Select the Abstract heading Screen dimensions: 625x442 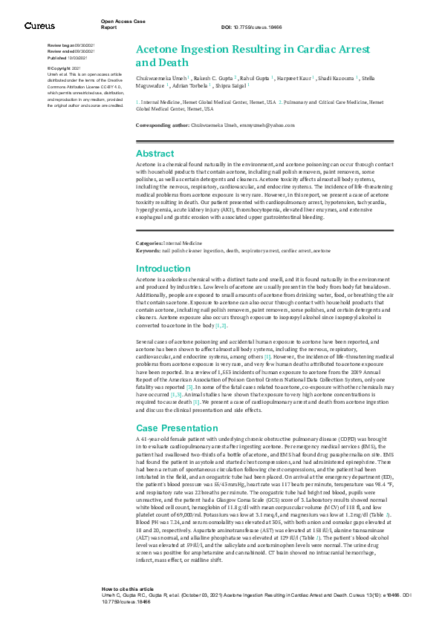(154, 153)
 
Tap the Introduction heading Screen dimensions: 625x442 (163, 269)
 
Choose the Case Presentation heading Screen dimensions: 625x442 (177, 428)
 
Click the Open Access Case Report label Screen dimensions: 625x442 (119, 24)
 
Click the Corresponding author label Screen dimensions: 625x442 (161, 125)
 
